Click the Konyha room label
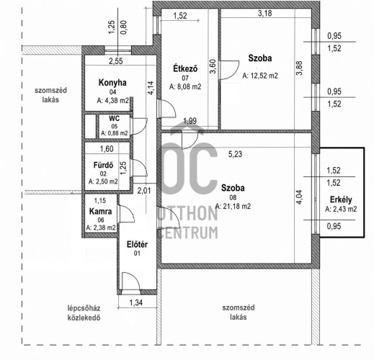point(112,83)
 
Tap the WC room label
point(114,118)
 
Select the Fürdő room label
point(103,165)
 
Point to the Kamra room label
point(100,212)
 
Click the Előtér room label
point(137,245)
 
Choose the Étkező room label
point(185,68)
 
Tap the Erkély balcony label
point(341,199)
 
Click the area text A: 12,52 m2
point(260,76)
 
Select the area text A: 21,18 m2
point(233,206)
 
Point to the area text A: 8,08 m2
point(185,86)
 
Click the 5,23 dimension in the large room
point(235,154)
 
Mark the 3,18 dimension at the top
point(265,13)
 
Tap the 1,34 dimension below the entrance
point(136,302)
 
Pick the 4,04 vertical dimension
point(299,197)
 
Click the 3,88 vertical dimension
point(299,68)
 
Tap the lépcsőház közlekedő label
point(84,312)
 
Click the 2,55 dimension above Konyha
point(116,61)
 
